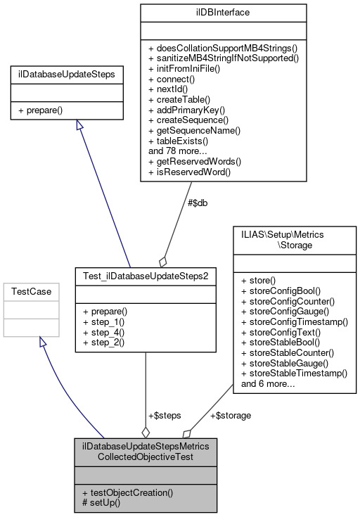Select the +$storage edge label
click(x=230, y=415)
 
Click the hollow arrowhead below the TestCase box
click(x=43, y=342)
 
